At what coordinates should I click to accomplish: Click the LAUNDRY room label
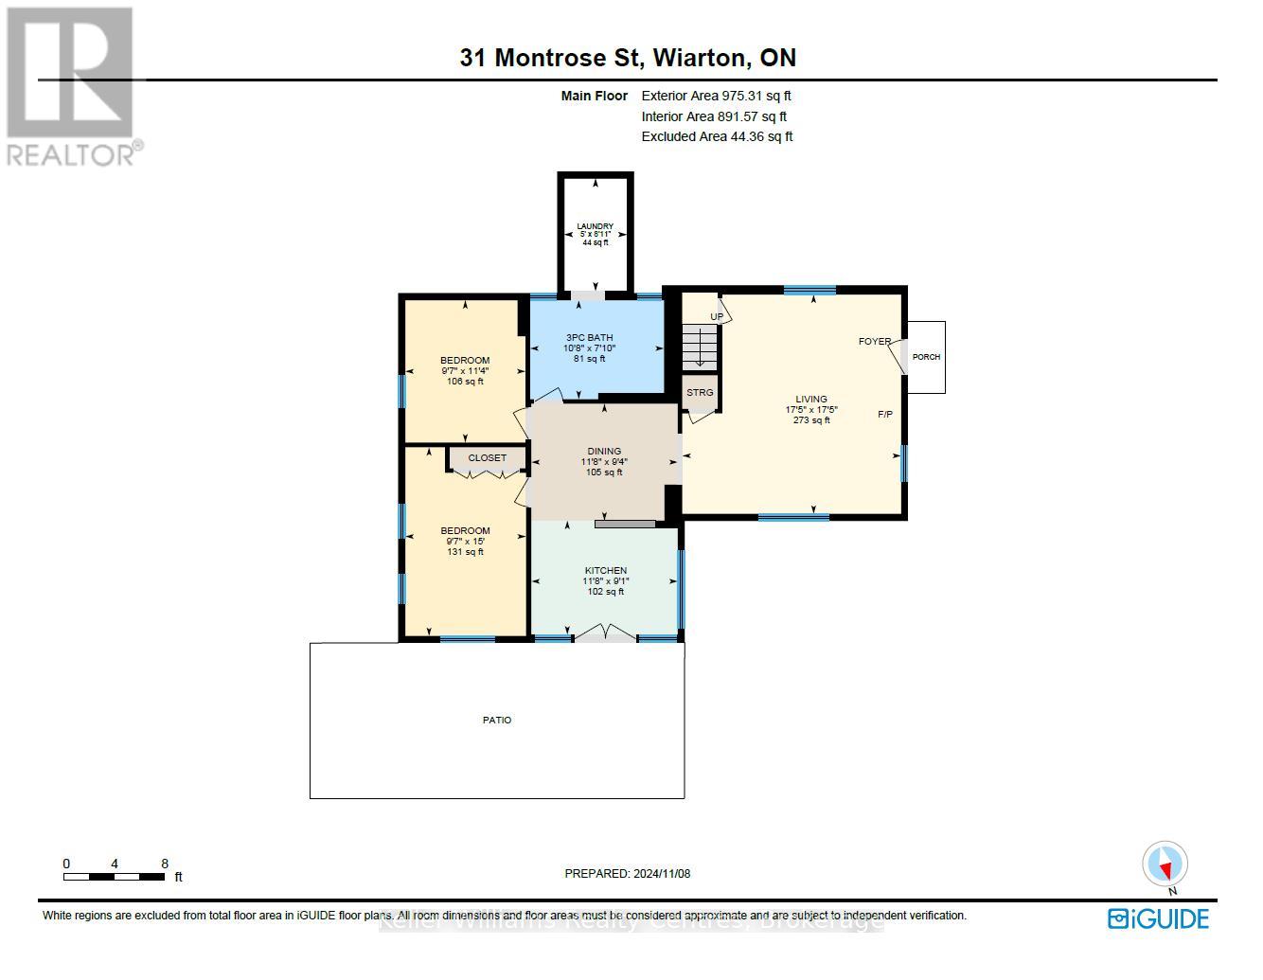(x=595, y=227)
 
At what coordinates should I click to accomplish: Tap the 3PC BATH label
(x=589, y=338)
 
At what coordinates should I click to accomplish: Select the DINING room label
(x=603, y=452)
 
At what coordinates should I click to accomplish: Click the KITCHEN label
(x=605, y=571)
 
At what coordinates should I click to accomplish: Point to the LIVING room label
(x=810, y=400)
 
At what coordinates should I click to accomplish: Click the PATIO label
(x=497, y=721)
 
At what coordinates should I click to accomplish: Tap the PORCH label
(x=926, y=357)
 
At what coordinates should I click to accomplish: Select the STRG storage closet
(x=700, y=393)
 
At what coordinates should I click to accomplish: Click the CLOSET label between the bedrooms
(x=487, y=458)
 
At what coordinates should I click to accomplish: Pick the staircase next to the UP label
(x=701, y=348)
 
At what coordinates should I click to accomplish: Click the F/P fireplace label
(x=885, y=415)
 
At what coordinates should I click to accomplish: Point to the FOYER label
(x=874, y=342)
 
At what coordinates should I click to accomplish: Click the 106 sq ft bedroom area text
(x=465, y=382)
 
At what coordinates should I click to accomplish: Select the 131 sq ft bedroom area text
(x=465, y=552)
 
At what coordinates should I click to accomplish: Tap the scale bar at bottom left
(x=115, y=877)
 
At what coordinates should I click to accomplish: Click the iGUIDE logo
(x=1159, y=918)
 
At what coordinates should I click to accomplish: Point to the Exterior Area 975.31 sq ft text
(x=716, y=96)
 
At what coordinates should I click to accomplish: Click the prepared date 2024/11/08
(x=628, y=874)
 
